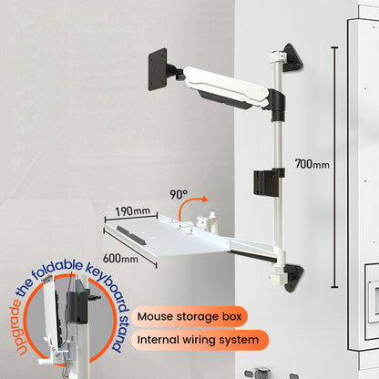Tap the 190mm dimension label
pyautogui.click(x=133, y=210)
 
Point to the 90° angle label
pyautogui.click(x=178, y=194)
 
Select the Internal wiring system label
pyautogui.click(x=202, y=341)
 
